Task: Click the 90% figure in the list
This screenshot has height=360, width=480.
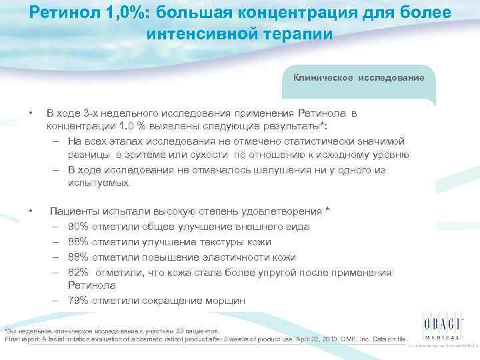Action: (x=78, y=226)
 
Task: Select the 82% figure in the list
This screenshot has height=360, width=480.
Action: (x=78, y=272)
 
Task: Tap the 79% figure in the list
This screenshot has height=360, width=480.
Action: (x=78, y=301)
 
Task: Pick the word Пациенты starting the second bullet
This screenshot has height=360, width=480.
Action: (x=72, y=211)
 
